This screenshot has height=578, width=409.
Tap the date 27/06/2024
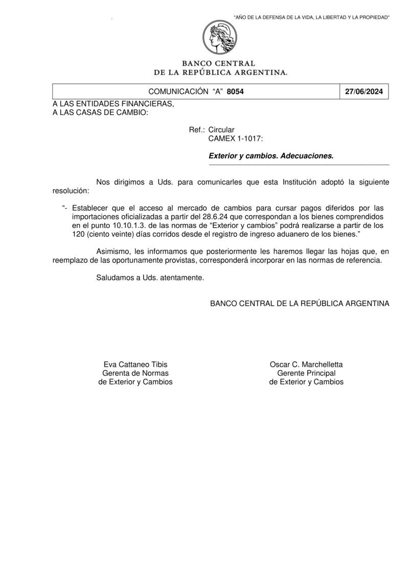pyautogui.click(x=363, y=92)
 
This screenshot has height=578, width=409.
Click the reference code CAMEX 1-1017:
pyautogui.click(x=236, y=138)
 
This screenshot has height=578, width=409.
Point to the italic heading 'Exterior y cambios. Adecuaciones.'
pyautogui.click(x=271, y=156)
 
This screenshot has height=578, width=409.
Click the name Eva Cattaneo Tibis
pyautogui.click(x=135, y=364)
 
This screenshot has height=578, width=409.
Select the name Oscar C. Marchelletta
pyautogui.click(x=306, y=364)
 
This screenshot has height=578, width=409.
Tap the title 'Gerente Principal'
pyautogui.click(x=306, y=373)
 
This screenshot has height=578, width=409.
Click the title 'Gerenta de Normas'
pyautogui.click(x=135, y=373)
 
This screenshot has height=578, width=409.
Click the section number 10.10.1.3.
pyautogui.click(x=129, y=225)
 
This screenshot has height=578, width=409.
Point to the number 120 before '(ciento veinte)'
pyautogui.click(x=78, y=234)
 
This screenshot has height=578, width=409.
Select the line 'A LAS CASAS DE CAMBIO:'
pyautogui.click(x=100, y=112)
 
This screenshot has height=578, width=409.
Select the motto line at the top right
pyautogui.click(x=311, y=18)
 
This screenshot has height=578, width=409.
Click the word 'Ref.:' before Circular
pyautogui.click(x=197, y=130)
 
